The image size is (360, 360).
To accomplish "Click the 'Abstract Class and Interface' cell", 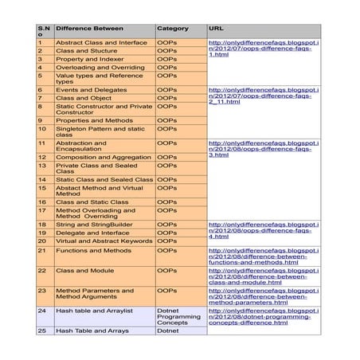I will point(101,42).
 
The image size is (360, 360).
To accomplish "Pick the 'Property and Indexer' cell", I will point(89,59).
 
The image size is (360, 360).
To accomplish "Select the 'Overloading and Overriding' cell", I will point(100,68).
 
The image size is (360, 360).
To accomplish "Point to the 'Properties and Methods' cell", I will point(94,120).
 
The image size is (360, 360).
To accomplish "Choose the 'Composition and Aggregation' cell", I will point(104,158).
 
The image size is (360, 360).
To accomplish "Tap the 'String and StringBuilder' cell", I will point(96,225).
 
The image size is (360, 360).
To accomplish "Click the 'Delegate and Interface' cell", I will point(92,233).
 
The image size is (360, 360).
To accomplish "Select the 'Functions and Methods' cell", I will point(93,250).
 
